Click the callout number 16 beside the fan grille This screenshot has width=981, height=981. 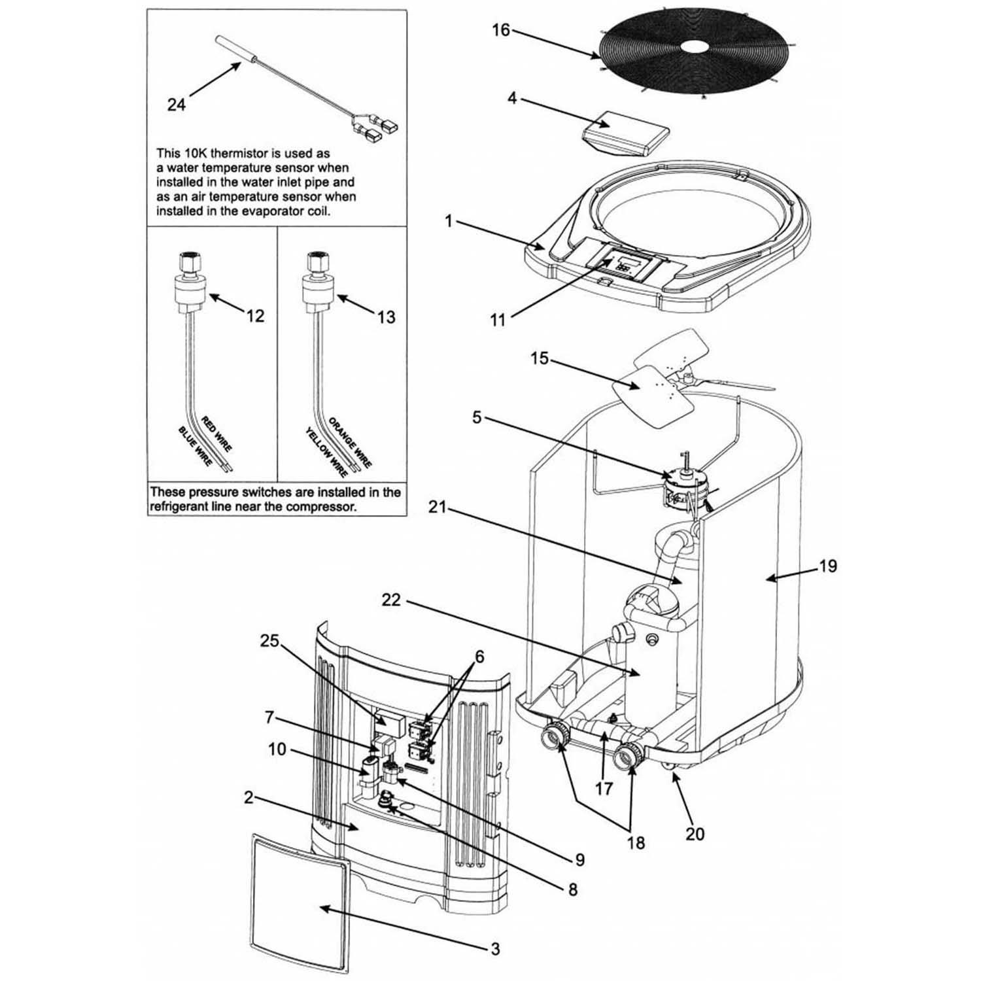tap(500, 31)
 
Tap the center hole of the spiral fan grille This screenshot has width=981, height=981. tap(695, 46)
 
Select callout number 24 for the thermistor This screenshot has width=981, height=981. tap(176, 104)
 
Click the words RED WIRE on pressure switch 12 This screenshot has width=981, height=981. tap(216, 434)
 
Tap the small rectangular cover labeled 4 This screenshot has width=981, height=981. tap(627, 134)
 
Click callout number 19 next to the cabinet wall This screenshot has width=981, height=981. tap(827, 566)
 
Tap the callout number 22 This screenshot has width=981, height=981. tap(390, 600)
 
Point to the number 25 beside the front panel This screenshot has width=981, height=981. tap(269, 642)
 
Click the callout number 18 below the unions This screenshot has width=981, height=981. tap(634, 843)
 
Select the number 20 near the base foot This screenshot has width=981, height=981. tap(695, 835)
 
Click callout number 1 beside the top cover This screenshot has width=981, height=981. tap(449, 222)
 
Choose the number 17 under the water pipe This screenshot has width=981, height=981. tap(604, 788)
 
